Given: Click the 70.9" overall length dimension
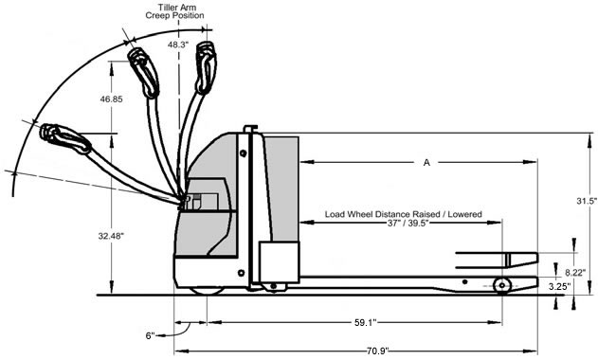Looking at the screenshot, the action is click(377, 351).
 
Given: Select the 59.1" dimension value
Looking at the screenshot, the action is click(366, 323).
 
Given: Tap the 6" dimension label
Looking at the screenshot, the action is click(151, 335).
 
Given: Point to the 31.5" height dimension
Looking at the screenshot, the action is click(587, 201).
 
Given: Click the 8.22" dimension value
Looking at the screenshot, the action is click(575, 272).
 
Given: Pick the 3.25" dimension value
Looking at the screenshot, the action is click(559, 286).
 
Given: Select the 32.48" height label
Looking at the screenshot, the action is click(112, 236).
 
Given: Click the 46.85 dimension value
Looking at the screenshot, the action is click(112, 99).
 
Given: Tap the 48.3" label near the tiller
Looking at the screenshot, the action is click(178, 45).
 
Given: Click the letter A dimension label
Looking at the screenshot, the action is click(426, 162).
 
